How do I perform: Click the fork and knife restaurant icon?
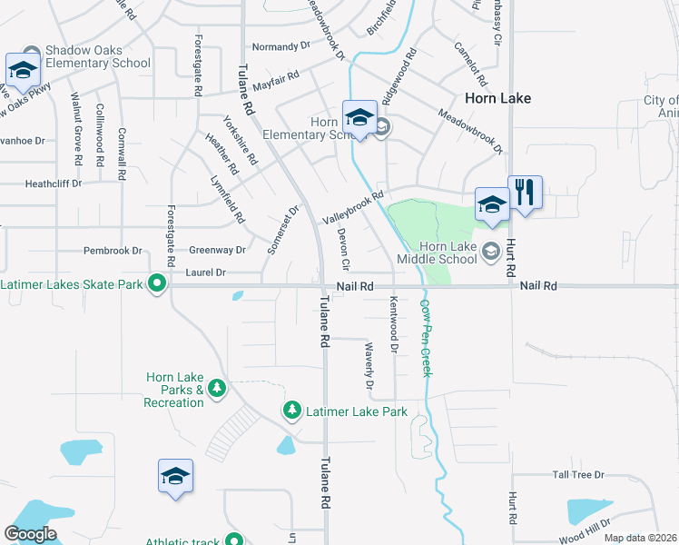[525, 193]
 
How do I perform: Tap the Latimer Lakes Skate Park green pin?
[156, 285]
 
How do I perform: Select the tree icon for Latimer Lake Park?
[292, 411]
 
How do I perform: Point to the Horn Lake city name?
[497, 97]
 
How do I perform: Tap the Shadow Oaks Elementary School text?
[97, 56]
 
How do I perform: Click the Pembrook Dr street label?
[113, 250]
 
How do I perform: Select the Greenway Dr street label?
[217, 250]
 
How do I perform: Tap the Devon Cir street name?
[343, 250]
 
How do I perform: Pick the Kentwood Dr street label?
[394, 323]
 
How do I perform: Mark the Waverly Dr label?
[369, 367]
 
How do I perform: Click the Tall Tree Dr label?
[578, 475]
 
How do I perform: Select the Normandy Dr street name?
[275, 46]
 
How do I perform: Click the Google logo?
[30, 534]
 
